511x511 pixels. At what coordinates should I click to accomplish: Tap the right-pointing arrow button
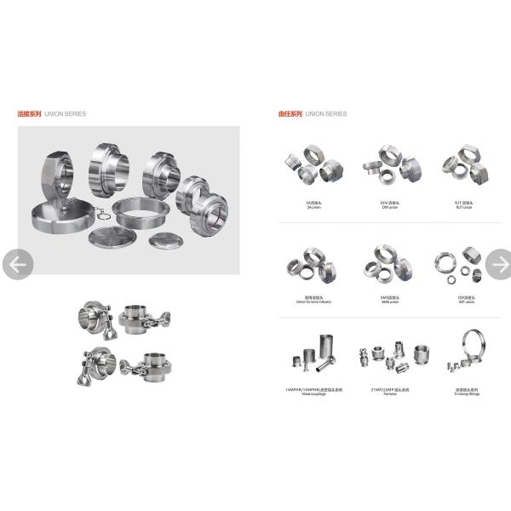498,265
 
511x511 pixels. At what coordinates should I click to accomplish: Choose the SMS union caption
389,301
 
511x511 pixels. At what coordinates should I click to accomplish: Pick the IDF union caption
463,301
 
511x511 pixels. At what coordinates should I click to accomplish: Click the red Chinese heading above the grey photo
30,113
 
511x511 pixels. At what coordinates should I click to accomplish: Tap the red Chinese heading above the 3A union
290,113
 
